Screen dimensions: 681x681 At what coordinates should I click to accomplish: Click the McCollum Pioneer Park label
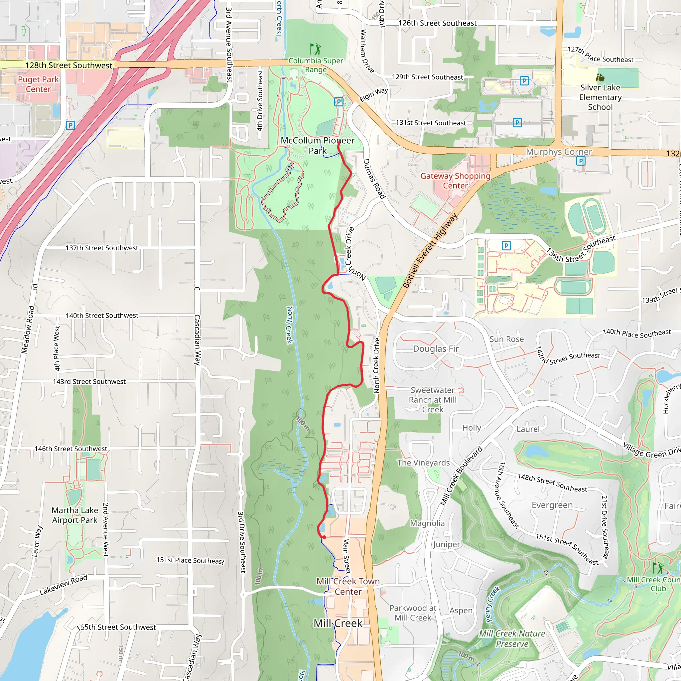317,146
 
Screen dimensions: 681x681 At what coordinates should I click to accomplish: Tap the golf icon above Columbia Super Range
315,49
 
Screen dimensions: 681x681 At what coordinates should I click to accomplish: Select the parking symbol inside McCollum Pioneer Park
339,102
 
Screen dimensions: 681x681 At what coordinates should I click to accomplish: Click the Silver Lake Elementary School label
600,97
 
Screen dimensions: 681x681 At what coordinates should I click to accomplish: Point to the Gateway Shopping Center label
455,181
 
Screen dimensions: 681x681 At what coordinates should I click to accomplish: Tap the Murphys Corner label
559,152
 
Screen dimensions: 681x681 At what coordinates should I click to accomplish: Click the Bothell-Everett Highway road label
430,251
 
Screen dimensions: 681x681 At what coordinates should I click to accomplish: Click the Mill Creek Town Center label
348,586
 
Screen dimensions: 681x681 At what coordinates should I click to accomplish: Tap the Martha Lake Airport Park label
75,515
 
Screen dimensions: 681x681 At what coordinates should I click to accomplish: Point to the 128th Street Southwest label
69,65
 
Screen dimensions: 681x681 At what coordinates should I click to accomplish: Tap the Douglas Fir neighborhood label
436,348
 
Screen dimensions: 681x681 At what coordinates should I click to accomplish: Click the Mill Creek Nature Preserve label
512,639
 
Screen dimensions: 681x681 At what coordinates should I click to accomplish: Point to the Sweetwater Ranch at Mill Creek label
433,400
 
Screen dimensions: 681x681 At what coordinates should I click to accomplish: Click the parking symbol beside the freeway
70,125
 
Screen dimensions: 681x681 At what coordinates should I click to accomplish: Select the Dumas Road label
374,179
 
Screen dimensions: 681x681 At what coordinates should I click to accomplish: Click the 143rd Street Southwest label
89,381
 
